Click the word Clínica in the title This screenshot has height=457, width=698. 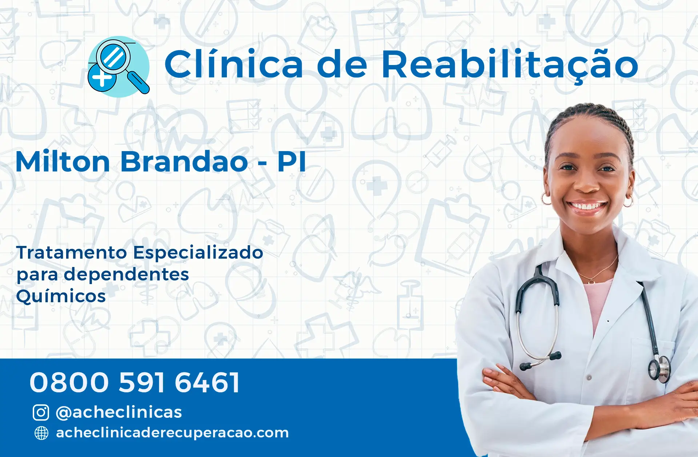[234, 64]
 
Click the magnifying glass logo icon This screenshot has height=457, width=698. [119, 66]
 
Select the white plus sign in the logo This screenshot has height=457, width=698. [102, 77]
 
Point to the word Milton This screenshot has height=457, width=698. [63, 162]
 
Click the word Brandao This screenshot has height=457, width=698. [184, 162]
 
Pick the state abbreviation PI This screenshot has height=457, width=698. [292, 162]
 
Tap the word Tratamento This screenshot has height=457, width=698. [72, 252]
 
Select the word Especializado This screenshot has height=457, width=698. [198, 253]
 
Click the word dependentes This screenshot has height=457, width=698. [127, 275]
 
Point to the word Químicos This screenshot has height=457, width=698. [61, 296]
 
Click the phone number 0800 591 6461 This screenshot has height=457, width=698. [135, 383]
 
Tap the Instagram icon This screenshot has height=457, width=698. [41, 412]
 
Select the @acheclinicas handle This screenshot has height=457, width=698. [119, 412]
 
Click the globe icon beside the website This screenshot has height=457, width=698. [41, 433]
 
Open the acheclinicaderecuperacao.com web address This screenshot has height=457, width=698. [172, 433]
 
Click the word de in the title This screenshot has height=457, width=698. [342, 64]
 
